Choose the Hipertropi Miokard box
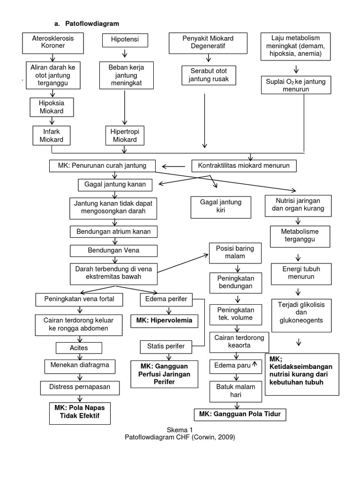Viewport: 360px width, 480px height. point(124,135)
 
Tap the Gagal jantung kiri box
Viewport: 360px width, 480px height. point(220,207)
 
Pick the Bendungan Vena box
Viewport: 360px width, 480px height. point(113,251)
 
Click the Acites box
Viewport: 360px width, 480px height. point(79,348)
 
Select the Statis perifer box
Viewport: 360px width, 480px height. point(165,346)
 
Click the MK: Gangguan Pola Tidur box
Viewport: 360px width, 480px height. point(240,414)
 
